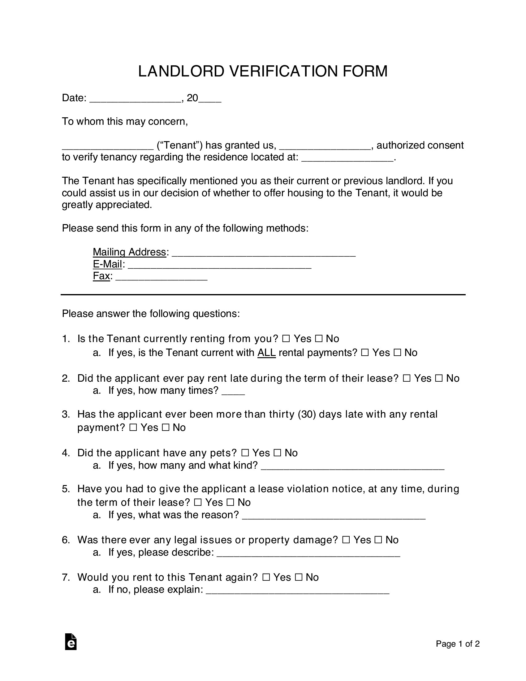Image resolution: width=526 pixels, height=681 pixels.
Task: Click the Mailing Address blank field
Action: pos(263,253)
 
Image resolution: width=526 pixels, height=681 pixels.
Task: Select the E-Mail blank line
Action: pos(219,265)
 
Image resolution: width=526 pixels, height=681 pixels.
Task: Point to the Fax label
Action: pos(101,276)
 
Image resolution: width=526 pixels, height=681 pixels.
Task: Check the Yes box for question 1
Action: pos(286,339)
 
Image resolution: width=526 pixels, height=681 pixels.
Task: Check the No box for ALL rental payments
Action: pos(397,353)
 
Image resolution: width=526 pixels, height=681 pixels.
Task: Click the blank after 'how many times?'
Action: pos(233,392)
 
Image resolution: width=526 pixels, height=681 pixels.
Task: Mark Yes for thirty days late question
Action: pos(133,427)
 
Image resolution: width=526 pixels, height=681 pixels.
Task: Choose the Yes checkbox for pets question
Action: pos(245,453)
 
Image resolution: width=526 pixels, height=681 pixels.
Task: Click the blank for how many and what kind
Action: pos(352,467)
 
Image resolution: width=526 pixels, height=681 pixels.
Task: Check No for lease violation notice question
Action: pos(231,502)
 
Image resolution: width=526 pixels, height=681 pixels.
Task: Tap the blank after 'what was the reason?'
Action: pos(334,516)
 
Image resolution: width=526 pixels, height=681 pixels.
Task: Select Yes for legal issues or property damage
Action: pos(346,540)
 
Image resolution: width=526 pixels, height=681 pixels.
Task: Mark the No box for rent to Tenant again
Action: pos(299,577)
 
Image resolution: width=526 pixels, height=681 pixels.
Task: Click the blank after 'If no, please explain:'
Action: pos(298,591)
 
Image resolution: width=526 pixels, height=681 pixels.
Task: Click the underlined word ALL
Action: pos(266,353)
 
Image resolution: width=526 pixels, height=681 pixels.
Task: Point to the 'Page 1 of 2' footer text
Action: pos(457,644)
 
